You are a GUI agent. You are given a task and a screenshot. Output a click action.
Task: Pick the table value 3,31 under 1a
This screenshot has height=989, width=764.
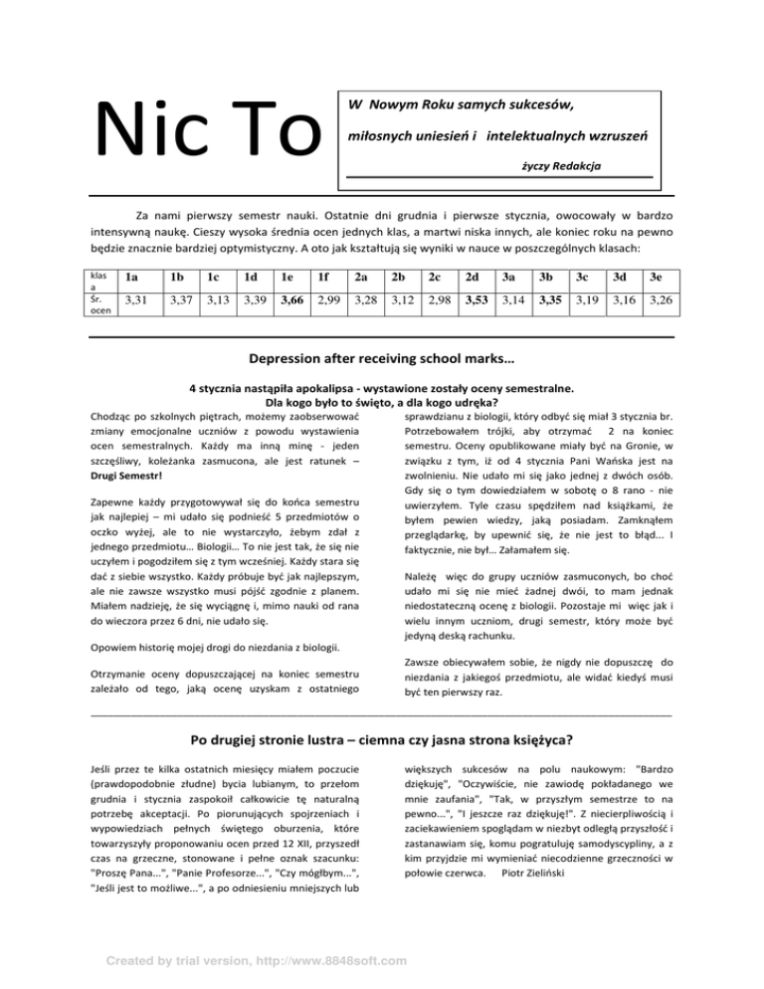(135, 300)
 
